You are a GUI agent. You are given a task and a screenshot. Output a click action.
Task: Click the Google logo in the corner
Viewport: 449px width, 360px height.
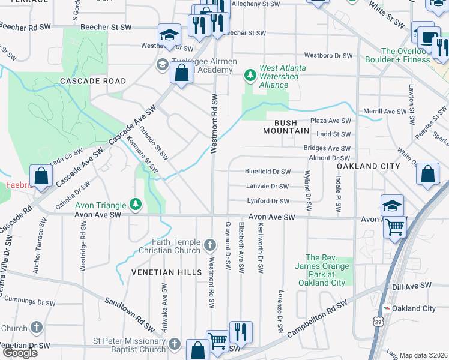click(19, 353)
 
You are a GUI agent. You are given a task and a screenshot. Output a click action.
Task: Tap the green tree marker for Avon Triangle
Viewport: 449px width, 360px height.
click(136, 205)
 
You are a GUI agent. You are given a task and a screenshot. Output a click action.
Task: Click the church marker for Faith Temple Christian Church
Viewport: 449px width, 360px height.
click(209, 244)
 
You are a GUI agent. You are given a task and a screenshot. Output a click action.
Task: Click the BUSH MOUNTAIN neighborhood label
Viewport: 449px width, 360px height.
click(286, 130)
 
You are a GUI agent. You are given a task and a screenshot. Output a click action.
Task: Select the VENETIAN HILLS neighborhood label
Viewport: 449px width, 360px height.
click(167, 272)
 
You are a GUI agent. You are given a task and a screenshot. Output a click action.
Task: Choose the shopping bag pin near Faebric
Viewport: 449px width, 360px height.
click(41, 177)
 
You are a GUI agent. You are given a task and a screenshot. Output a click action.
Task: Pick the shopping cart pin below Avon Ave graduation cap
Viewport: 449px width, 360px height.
click(394, 228)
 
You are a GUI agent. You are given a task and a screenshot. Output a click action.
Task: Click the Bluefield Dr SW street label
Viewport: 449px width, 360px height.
click(267, 171)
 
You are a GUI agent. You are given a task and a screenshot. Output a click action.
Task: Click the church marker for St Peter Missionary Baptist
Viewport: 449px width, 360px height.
click(175, 344)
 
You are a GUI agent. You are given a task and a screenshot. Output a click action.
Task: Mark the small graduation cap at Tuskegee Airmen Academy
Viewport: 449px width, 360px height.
click(161, 64)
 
